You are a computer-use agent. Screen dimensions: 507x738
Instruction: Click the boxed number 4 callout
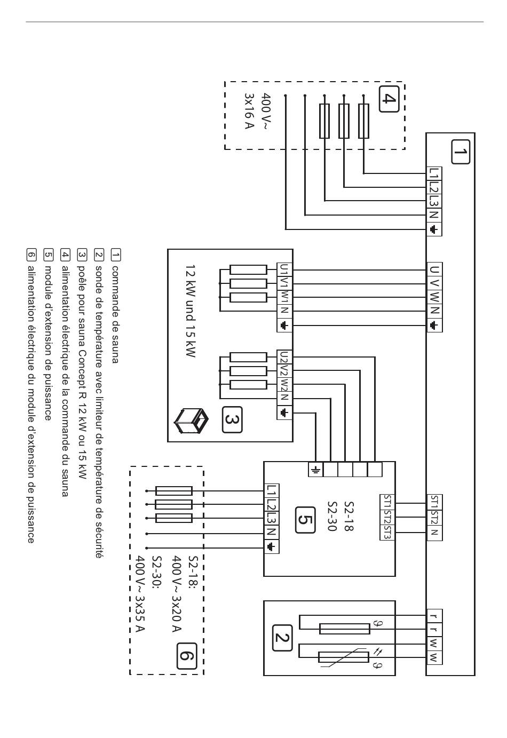(389, 99)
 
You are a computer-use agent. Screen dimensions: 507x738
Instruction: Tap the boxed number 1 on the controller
(460, 152)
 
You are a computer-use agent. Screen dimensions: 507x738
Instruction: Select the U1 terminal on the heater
(284, 269)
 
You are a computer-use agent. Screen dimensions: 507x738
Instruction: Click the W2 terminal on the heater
(284, 385)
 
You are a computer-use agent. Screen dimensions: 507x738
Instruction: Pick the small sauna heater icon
(191, 420)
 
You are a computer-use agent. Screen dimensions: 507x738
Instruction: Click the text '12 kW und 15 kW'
(191, 311)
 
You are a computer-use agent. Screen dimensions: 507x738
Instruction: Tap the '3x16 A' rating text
(249, 111)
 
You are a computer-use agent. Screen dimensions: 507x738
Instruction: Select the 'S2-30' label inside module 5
(332, 516)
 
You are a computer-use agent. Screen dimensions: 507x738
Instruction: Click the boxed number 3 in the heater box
(232, 420)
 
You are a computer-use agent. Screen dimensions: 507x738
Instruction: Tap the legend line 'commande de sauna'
(115, 314)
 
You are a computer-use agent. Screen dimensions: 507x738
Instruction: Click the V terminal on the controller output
(434, 284)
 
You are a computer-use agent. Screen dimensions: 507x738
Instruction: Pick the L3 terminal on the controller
(434, 201)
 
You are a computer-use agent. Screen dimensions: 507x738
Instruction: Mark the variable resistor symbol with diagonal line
(343, 664)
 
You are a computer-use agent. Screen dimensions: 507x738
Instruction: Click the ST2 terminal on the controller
(434, 517)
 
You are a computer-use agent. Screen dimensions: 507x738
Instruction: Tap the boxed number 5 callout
(305, 520)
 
